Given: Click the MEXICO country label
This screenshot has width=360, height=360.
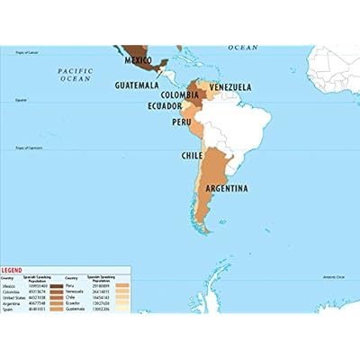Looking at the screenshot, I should coord(138,60).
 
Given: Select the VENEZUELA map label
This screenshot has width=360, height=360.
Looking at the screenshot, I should coord(230,87).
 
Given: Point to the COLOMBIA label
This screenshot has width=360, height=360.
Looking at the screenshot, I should coord(181,94).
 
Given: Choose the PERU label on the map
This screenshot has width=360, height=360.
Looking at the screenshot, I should coord(182,121).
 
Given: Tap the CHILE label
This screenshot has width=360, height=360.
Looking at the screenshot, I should coord(193,155).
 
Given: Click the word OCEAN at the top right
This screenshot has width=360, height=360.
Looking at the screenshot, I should coord(242,47).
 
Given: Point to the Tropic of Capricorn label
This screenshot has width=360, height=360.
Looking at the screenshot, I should coord(16,147).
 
